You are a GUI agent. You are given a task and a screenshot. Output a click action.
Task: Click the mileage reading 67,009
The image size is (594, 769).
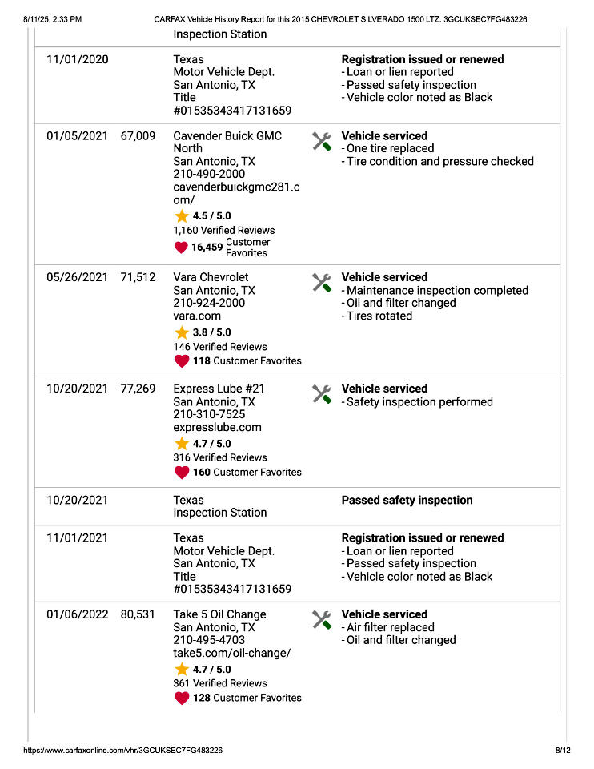[138, 136]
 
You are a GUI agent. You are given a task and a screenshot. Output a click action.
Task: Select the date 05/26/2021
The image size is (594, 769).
[77, 278]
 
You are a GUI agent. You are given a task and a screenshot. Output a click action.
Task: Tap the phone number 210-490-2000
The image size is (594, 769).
[209, 174]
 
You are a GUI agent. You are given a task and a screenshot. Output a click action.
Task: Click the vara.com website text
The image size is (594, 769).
[197, 316]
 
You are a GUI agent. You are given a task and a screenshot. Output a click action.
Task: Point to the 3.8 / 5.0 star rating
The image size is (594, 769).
[211, 332]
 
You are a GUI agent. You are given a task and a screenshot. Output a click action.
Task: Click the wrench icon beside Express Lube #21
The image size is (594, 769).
[321, 394]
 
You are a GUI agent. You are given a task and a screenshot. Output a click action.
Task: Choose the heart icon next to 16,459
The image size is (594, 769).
[181, 248]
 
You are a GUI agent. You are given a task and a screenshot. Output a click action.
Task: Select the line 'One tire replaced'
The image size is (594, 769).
[390, 149]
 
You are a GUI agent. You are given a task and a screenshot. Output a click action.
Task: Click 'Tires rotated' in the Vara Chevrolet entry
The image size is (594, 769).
[379, 316]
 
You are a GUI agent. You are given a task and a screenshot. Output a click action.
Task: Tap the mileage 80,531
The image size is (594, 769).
[138, 615]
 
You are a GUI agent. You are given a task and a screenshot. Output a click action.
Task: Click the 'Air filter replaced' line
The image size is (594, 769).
[390, 628]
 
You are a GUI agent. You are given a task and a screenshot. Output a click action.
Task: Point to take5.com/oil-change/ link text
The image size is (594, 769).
[231, 654]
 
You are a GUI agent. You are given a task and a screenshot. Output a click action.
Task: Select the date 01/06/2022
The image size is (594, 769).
[77, 615]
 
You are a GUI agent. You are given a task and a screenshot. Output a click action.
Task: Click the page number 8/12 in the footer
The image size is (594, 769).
[563, 751]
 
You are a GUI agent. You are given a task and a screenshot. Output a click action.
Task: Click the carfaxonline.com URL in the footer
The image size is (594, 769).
[123, 751]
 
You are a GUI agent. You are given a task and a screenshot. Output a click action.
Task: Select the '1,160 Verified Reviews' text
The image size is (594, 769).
[223, 231]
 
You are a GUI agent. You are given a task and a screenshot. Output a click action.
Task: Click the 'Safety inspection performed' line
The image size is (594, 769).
[419, 402]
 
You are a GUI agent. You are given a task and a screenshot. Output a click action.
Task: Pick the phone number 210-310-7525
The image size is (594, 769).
[209, 415]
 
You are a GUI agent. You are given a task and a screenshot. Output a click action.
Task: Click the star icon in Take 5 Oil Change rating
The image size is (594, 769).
[182, 670]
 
